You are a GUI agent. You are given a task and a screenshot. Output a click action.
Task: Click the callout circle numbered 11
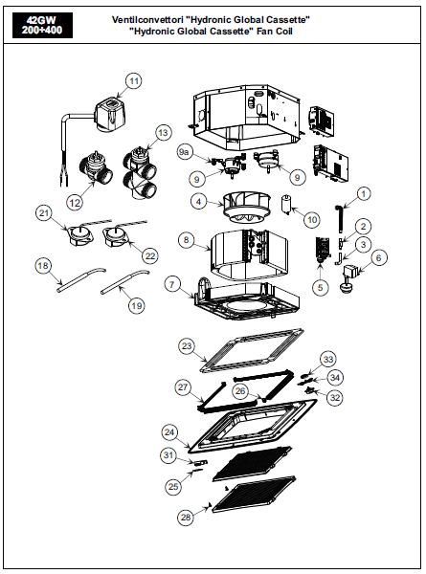[133, 81]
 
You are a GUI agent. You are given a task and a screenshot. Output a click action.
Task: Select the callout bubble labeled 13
[163, 133]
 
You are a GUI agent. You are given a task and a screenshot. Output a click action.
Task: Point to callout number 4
[198, 202]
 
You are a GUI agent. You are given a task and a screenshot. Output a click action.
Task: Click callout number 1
[364, 194]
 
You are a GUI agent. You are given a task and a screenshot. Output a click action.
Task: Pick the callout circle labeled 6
[378, 258]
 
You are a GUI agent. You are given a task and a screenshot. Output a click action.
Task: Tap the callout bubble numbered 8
[185, 242]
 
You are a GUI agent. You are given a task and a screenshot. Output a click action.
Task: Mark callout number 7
[172, 284]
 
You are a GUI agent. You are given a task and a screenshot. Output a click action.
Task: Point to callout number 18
[42, 265]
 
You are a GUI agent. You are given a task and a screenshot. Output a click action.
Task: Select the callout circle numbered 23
[187, 345]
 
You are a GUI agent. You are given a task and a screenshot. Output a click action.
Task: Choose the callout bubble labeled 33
[329, 359]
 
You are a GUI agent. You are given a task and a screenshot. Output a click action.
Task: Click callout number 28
[185, 518]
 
